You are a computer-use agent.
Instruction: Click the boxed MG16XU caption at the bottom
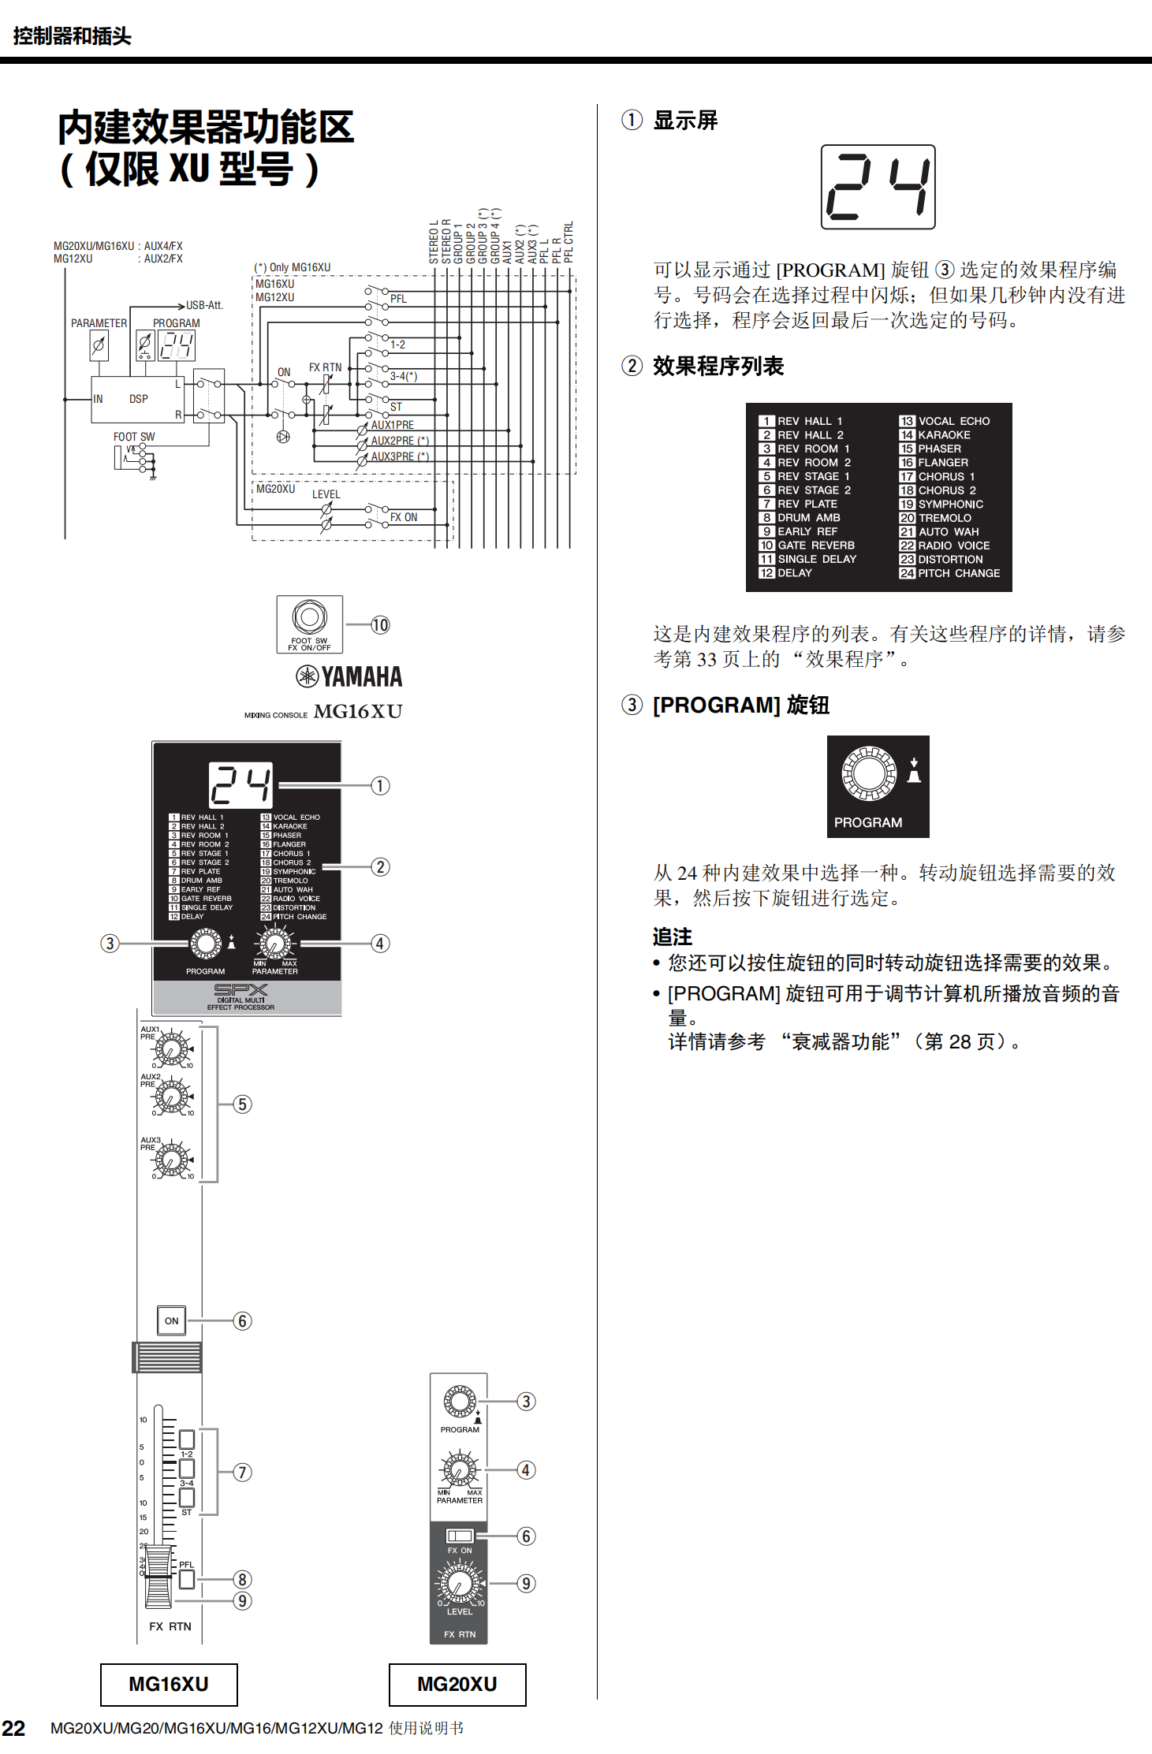[x=169, y=1685]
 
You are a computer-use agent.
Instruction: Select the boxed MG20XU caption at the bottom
[x=457, y=1685]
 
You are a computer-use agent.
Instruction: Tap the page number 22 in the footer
[x=13, y=1728]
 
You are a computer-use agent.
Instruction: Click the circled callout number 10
[x=380, y=625]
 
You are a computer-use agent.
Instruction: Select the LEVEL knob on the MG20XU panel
[x=459, y=1581]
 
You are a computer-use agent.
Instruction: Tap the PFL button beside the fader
[x=186, y=1579]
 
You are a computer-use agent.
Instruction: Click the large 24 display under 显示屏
[x=878, y=187]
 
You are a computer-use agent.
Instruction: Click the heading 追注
[x=672, y=937]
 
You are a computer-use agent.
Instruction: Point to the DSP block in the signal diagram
[x=138, y=399]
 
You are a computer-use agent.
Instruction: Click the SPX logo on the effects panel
[x=240, y=990]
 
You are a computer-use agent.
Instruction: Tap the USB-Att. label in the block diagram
[x=204, y=305]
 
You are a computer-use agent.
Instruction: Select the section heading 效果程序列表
[x=718, y=367]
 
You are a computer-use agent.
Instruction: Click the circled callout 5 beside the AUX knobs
[x=243, y=1104]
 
